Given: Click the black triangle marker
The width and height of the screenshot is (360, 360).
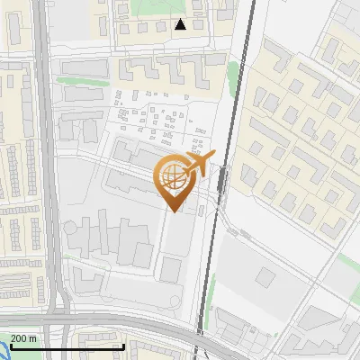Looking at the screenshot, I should point(181,24).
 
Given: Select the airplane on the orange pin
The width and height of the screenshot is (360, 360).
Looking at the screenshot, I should point(202,162).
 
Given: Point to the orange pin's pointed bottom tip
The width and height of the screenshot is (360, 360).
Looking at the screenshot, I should point(173,211).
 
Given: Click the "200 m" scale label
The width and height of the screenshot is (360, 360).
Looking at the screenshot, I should point(24,337).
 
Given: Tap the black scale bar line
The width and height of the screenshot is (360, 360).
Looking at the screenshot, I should point(67,346).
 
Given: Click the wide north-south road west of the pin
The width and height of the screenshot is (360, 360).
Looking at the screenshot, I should point(45,180).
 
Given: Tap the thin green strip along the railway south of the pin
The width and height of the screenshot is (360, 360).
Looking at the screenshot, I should point(211,297).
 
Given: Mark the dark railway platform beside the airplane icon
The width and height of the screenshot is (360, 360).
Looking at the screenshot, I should point(222,180).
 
